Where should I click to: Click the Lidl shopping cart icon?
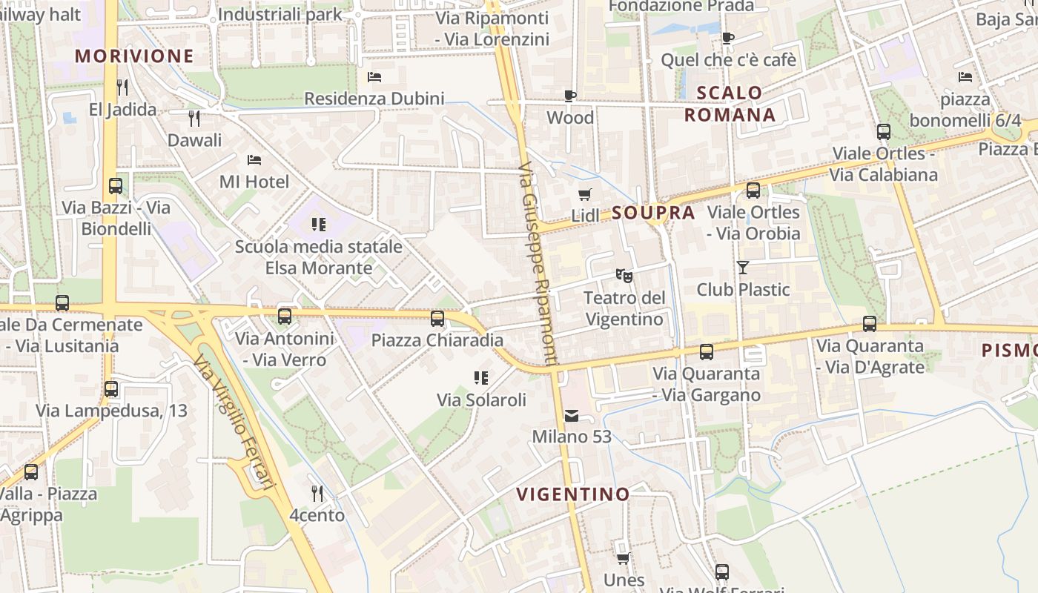[x=585, y=194]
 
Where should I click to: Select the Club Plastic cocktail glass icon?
[x=743, y=268]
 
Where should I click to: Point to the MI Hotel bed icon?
[x=254, y=159]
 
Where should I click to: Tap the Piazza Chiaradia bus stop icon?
[x=437, y=319]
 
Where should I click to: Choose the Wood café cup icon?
[x=570, y=96]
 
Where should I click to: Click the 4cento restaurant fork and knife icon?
[x=317, y=493]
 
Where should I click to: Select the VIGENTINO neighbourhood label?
[x=573, y=494]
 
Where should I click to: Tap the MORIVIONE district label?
[x=134, y=56]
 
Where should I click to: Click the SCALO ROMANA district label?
[x=730, y=104]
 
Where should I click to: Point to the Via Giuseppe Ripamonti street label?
[x=538, y=263]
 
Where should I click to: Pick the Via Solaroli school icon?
[x=481, y=378]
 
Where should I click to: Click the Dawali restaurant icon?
[x=194, y=118]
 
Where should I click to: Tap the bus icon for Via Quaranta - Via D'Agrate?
[x=870, y=324]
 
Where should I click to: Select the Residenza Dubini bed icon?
[x=374, y=76]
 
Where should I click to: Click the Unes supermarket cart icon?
[x=624, y=557]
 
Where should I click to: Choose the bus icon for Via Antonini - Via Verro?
[x=285, y=317]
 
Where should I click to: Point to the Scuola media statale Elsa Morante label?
[x=319, y=257]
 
